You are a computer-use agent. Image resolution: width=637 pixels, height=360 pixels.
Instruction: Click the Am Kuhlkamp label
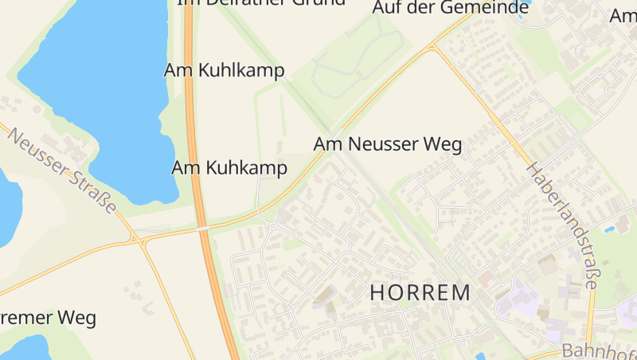click(224, 70)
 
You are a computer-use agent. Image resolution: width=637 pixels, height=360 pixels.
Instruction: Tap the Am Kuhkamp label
click(229, 167)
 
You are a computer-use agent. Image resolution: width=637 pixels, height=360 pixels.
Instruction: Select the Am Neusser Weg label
click(388, 145)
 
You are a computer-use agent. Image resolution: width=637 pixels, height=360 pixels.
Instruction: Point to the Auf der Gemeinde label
click(451, 8)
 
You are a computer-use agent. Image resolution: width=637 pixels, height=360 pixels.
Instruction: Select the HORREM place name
click(420, 292)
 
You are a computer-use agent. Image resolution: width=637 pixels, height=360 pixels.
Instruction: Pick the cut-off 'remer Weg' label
click(48, 318)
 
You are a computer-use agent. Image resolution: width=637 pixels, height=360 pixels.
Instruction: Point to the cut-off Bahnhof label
click(599, 350)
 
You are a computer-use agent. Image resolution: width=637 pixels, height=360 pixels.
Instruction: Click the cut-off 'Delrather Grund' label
click(261, 2)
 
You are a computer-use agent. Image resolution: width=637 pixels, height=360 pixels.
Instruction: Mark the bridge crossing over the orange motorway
click(204, 229)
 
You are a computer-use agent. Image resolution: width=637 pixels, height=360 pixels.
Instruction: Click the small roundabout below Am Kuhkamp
click(271, 226)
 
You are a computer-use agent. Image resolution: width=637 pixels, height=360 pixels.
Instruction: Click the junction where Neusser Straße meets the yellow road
click(139, 238)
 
